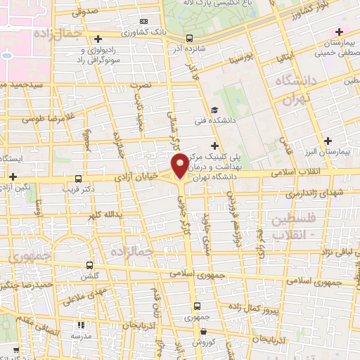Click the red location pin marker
pos(181,165)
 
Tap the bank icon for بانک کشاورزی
pos(143,21)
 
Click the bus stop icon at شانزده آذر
pos(188,39)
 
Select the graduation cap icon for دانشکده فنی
pos(213,109)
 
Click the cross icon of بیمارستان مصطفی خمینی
pos(340,32)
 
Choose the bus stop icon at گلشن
pos(89,265)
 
